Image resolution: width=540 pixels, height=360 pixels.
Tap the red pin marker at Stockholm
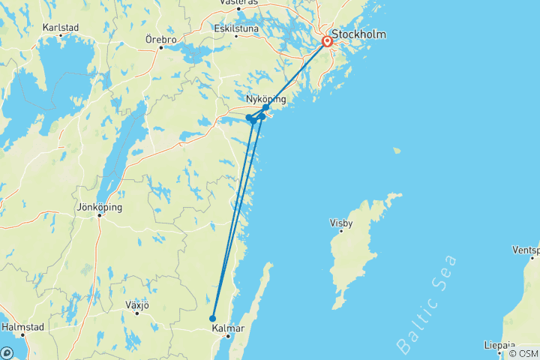click(328, 42)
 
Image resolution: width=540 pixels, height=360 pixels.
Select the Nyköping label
click(265, 99)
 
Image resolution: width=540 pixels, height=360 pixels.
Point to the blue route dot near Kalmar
click(213, 319)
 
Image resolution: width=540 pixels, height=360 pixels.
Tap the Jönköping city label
click(99, 207)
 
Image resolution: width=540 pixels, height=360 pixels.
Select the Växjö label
click(137, 305)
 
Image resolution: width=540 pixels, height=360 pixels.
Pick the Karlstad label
click(61, 27)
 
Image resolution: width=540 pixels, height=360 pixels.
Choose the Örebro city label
click(162, 38)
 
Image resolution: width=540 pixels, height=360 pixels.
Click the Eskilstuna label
click(235, 29)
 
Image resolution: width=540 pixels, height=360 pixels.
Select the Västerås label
click(238, 3)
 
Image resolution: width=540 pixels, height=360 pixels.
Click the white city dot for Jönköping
click(99, 217)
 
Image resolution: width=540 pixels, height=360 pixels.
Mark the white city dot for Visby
click(341, 231)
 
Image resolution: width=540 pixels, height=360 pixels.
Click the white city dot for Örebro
click(160, 48)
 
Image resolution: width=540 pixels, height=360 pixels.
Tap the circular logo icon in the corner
click(7, 352)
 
